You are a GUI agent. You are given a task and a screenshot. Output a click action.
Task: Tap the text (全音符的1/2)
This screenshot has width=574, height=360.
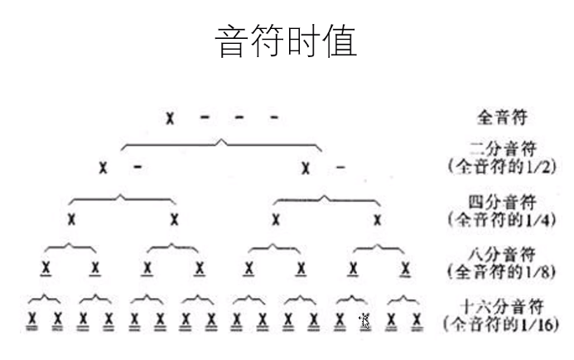[x=500, y=166]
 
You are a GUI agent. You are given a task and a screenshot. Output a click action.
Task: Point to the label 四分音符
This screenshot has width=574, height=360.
[x=500, y=203]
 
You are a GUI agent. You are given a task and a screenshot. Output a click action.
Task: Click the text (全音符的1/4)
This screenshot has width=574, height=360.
[x=500, y=219]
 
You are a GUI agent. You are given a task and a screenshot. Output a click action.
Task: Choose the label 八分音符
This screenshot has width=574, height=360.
[x=500, y=254]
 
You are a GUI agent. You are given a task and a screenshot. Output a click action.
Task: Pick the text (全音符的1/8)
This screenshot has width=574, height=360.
[x=500, y=271]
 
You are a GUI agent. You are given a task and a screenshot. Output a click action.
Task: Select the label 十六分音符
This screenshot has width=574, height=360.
[x=500, y=305]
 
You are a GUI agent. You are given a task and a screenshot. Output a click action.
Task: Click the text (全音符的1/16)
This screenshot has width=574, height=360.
[x=501, y=322]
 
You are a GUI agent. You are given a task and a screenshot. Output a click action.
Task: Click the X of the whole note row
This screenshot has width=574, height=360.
[x=170, y=118]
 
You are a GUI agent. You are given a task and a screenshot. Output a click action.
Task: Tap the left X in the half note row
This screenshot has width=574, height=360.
[x=103, y=168]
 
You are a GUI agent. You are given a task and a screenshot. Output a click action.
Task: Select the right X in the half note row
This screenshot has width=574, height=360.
[x=306, y=168]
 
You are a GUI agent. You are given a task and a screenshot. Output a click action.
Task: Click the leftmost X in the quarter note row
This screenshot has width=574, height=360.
[x=72, y=219]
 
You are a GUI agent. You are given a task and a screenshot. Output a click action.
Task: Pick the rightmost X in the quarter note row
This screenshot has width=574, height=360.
[x=378, y=219]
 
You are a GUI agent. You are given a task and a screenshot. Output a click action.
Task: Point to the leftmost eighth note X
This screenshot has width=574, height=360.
[x=46, y=267]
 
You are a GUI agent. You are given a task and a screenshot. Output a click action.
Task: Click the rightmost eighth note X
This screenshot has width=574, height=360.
[x=405, y=267]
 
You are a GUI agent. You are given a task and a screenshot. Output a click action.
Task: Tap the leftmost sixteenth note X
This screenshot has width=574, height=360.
[x=32, y=319]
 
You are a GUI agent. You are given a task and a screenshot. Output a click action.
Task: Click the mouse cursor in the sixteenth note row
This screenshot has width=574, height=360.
[x=364, y=319]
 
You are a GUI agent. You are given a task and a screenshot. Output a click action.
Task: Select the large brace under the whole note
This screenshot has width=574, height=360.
[x=221, y=146]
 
